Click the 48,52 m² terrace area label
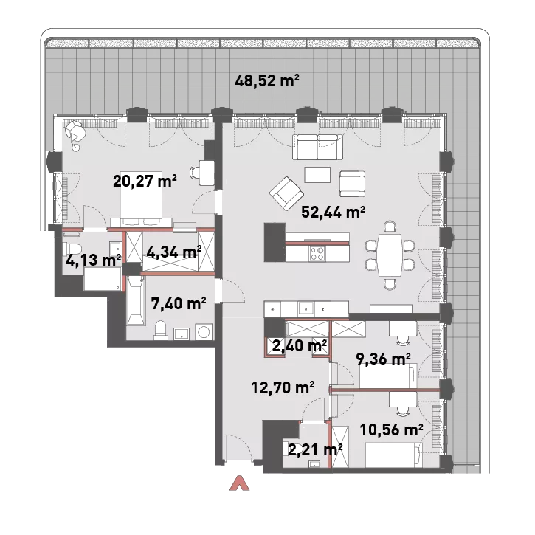point(267,81)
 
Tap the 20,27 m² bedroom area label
point(145,181)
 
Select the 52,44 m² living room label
point(333,212)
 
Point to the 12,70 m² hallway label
point(283,387)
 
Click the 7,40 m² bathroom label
point(179,303)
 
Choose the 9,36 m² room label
point(383,359)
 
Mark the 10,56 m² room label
point(391,429)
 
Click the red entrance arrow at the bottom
point(239,483)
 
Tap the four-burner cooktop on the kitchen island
point(317,253)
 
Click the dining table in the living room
point(390,255)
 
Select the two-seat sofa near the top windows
point(317,147)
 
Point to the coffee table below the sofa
point(317,175)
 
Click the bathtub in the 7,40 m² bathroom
point(136,300)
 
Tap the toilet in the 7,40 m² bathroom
point(160,330)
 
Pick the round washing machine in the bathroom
point(204,331)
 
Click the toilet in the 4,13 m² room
point(72,249)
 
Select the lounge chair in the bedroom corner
point(75,131)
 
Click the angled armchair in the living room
point(286,193)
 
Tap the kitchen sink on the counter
point(306,309)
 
